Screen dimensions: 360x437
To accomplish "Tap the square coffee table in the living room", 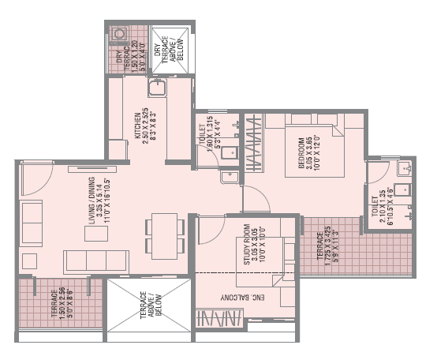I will tap(31, 261).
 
